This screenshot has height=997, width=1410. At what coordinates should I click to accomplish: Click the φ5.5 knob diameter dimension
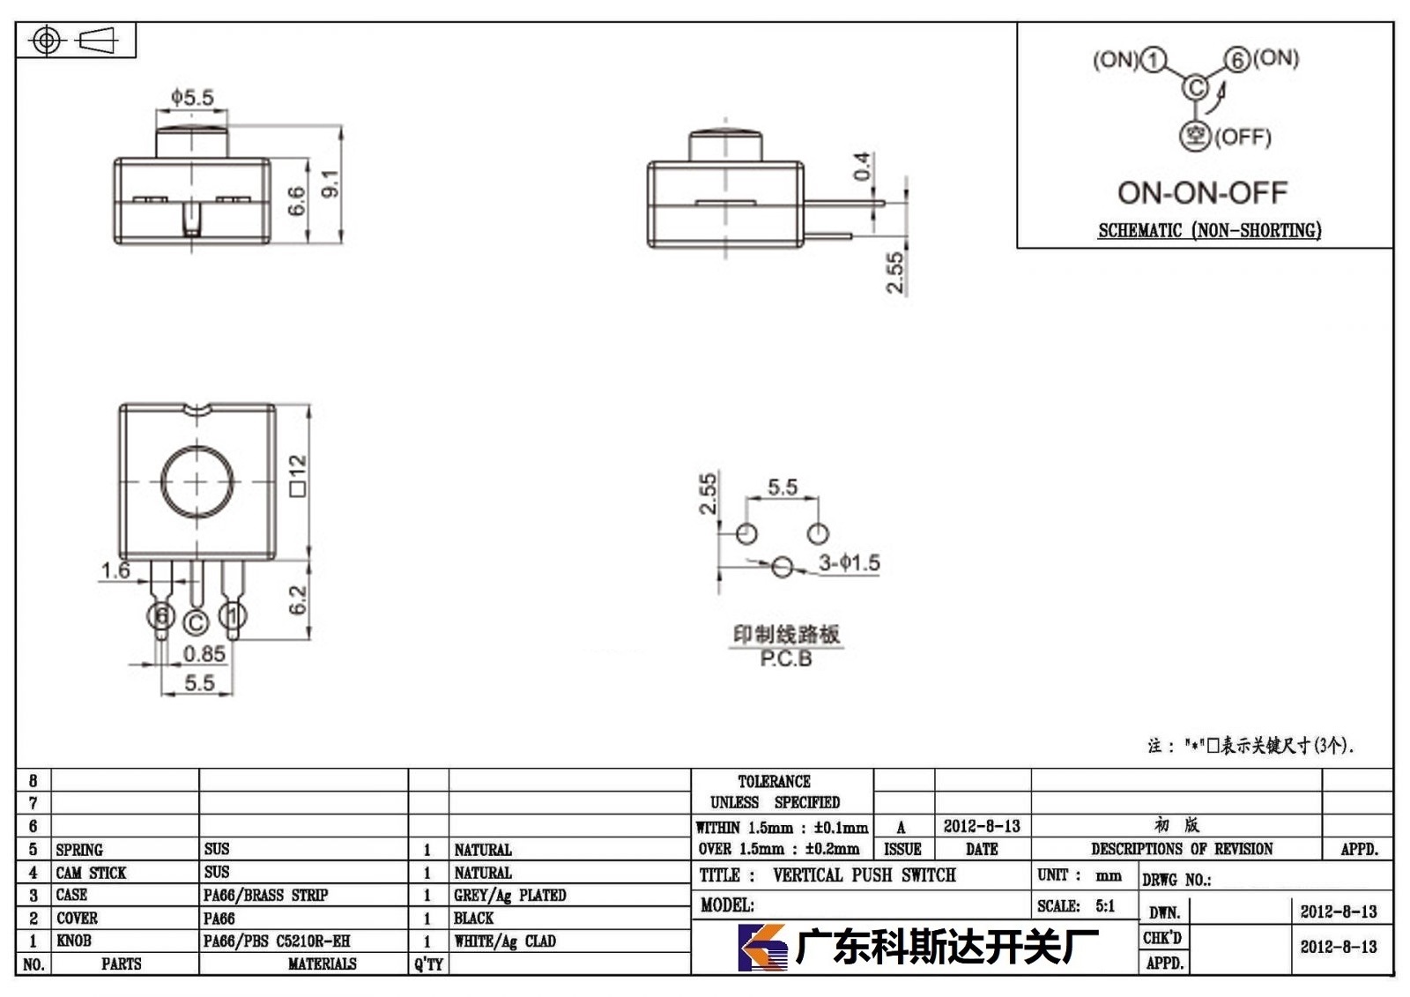193,97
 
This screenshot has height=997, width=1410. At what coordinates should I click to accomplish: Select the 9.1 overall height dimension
330,183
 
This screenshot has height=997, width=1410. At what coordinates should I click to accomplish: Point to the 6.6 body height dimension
296,200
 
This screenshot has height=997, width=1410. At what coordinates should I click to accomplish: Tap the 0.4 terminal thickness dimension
863,166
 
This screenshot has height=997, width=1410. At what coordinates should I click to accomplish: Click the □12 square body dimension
298,475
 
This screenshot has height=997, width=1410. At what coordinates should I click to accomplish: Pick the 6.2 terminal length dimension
297,599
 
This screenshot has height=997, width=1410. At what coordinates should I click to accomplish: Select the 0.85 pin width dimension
204,654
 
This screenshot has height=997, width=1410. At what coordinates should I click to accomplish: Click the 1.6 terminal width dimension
115,570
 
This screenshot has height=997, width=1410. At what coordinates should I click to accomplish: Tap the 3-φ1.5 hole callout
850,562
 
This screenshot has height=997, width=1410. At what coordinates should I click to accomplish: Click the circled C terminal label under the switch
196,623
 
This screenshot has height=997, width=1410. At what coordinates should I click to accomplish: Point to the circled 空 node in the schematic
1195,136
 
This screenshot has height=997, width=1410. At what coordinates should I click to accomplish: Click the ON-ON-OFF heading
1202,193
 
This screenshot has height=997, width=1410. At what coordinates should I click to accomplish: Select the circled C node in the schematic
1195,87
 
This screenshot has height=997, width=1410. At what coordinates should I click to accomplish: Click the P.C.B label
785,658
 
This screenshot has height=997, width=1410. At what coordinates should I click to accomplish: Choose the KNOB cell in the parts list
74,941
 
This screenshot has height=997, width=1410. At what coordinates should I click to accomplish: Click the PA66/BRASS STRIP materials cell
265,895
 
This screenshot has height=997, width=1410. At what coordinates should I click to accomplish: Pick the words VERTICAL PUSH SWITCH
865,874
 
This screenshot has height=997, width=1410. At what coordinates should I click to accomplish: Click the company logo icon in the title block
762,948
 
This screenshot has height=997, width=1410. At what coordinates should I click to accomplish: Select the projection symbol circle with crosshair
46,41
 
